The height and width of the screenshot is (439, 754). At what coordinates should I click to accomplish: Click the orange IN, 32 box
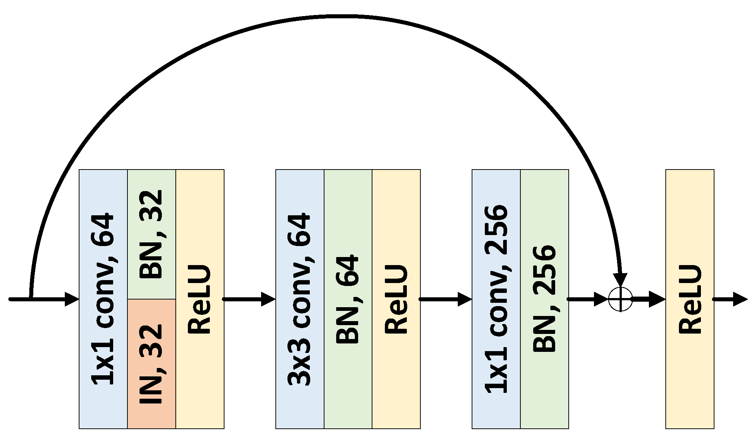point(152,364)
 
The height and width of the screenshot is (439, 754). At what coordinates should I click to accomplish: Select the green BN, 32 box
point(152,234)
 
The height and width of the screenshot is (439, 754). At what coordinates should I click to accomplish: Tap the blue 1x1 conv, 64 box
point(103,299)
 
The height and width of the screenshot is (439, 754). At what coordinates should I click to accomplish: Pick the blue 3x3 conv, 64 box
point(300,299)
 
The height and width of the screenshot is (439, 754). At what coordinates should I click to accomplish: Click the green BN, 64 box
point(348,299)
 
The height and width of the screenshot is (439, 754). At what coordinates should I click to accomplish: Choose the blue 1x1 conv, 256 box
point(496,299)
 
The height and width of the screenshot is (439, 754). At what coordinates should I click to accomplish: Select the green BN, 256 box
point(544,299)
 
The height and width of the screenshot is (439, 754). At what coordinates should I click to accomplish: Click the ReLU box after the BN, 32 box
point(200,299)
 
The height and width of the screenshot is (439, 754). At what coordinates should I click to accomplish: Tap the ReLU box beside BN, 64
point(396,299)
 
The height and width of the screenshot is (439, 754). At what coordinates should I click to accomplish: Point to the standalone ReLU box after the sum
point(690,299)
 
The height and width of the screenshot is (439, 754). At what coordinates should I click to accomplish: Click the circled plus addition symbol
point(620,299)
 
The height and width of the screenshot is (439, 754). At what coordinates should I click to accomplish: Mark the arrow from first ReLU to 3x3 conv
point(249,299)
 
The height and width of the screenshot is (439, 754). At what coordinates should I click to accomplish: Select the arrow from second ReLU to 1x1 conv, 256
point(445,299)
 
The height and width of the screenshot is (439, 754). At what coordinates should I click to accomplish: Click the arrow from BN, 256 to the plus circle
point(588,299)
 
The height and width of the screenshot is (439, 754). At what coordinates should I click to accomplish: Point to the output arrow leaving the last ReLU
point(731,299)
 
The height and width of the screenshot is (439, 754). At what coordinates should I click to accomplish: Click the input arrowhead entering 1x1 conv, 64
point(72,299)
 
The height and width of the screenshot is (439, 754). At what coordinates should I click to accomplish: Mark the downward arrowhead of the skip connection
point(620,280)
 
